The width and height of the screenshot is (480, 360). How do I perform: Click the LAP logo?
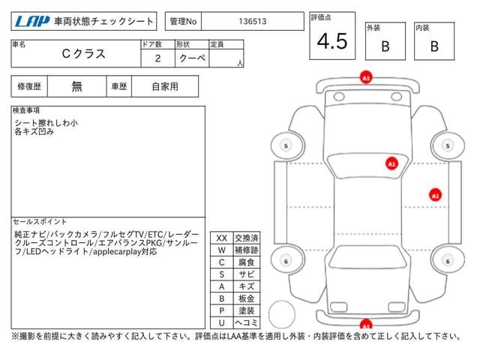[32, 22]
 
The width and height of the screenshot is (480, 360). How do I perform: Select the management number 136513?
[253, 22]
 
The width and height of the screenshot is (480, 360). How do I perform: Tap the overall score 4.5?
[332, 41]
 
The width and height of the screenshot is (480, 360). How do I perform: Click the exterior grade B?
[385, 46]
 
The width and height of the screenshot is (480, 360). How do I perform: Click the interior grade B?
[434, 46]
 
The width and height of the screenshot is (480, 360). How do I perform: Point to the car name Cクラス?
[83, 54]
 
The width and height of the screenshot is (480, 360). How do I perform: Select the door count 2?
[157, 58]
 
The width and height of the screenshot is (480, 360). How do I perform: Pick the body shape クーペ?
[192, 58]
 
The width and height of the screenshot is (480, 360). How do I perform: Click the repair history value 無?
[76, 86]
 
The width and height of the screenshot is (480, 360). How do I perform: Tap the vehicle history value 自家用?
[165, 87]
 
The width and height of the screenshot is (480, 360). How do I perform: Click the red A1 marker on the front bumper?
[366, 77]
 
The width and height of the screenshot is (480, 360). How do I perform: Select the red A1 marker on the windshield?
[391, 163]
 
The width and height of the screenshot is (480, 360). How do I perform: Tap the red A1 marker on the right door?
[435, 195]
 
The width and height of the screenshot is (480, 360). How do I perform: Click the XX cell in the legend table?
[222, 238]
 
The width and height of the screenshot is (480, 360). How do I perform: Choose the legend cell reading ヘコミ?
[247, 322]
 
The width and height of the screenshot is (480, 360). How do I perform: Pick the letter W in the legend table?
[222, 250]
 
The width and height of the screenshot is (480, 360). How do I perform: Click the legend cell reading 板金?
[247, 298]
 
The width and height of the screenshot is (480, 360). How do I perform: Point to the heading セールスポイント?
[40, 222]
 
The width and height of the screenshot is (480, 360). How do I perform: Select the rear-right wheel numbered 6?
[448, 261]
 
